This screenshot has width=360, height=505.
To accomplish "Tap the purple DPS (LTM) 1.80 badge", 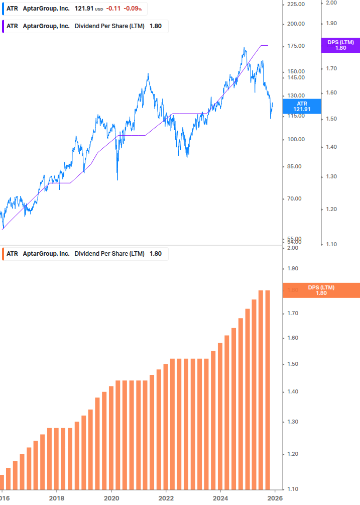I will point(340,45).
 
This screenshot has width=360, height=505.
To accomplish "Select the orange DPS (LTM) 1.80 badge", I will point(321,290).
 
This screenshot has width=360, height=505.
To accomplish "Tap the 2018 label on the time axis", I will point(56,498).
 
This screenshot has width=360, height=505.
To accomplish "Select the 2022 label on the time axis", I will point(166,498).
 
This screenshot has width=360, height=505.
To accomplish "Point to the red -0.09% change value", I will point(133,9).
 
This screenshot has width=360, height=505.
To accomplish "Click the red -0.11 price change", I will point(113,9).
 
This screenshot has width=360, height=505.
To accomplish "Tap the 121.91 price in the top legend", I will point(83,9).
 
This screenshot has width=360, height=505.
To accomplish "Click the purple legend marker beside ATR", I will point(3,26).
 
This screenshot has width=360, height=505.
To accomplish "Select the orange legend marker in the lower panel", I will point(3,254).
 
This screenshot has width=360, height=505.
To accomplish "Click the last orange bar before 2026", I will point(268,389).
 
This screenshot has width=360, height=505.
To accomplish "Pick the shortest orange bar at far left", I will point(2,482).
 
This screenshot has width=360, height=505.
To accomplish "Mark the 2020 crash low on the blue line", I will point(117,179).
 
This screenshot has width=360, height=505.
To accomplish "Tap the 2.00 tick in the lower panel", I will point(293,248).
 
